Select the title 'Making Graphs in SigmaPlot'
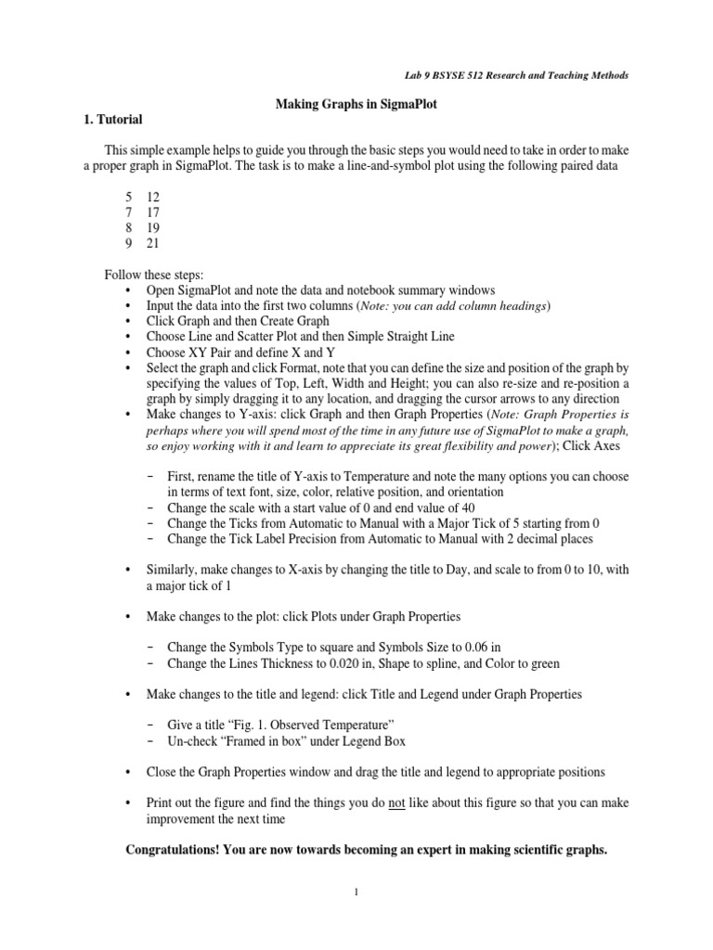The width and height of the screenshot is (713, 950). pos(356,105)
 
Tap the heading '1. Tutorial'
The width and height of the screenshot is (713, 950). pos(110,120)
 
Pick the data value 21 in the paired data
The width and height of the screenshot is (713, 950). pos(154,244)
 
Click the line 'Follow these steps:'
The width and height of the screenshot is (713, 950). pos(154,276)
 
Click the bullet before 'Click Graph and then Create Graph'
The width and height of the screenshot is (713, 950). pos(127,320)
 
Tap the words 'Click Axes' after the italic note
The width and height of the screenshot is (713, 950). pos(594,446)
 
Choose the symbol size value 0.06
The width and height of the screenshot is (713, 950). pos(470,647)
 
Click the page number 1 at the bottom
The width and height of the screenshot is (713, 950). pos(356,892)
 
